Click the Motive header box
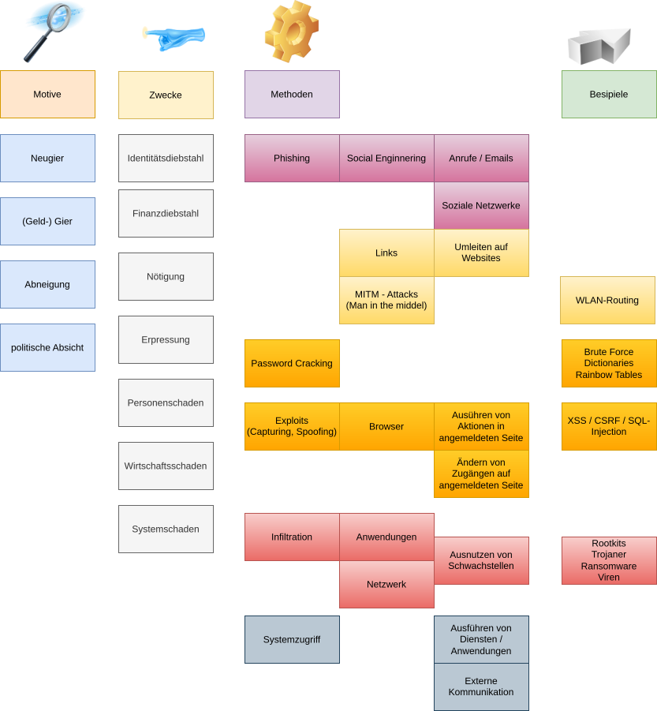tap(47, 95)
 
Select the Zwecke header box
tap(166, 95)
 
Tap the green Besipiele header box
tap(608, 95)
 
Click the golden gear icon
tap(291, 32)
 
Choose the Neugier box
tap(47, 158)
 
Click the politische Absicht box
tap(47, 347)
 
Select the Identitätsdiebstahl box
tap(166, 158)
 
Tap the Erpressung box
tap(166, 339)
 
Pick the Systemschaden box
tap(166, 529)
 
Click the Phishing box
tap(292, 158)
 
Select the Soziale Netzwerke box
tap(481, 205)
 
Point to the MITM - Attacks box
tap(386, 300)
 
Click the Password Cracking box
tap(292, 363)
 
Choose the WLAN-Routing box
tap(607, 300)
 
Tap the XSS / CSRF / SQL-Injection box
tap(608, 426)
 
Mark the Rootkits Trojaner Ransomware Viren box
tap(608, 560)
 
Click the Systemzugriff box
tap(292, 639)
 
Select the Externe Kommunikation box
tap(481, 687)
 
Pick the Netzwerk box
tap(386, 584)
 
